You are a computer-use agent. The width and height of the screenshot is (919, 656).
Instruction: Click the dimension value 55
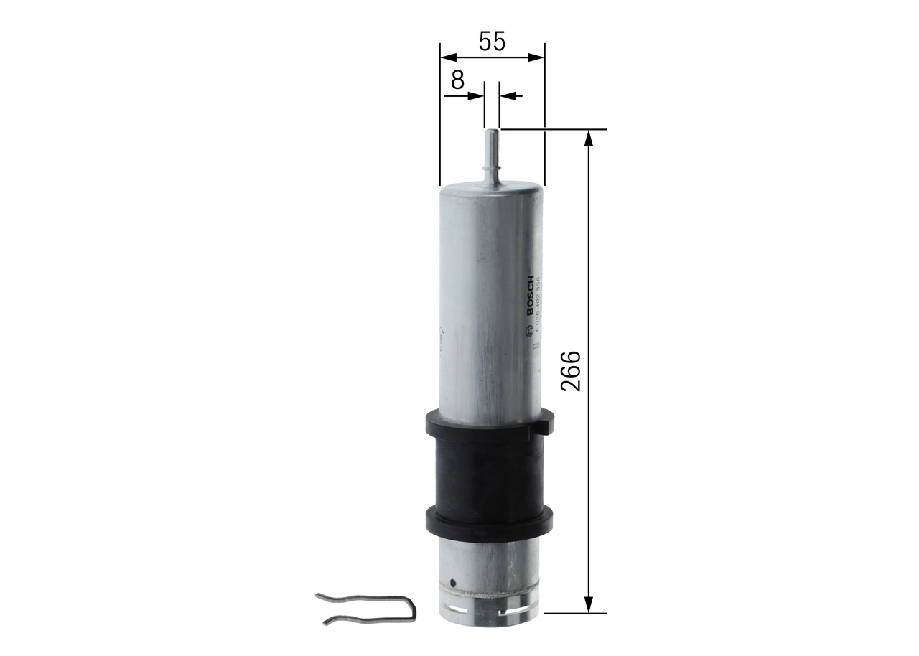click(492, 42)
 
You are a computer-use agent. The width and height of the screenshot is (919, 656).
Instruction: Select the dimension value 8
click(457, 80)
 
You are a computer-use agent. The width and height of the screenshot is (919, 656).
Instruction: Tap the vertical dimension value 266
click(570, 370)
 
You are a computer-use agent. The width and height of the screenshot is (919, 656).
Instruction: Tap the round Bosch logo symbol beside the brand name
click(531, 329)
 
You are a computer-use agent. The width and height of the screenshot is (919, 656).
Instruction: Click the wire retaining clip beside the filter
click(366, 607)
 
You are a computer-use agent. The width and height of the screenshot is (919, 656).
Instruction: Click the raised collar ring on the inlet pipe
click(492, 170)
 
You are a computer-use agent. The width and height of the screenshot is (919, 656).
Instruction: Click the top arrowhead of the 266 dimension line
click(589, 137)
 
